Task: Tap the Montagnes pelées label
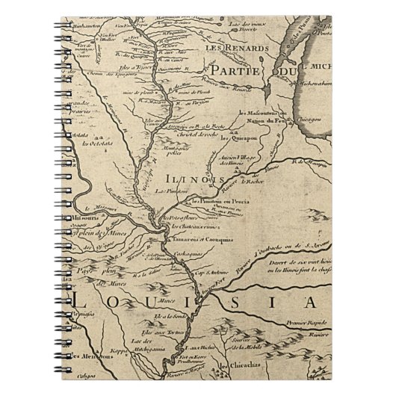coord(173,152)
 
